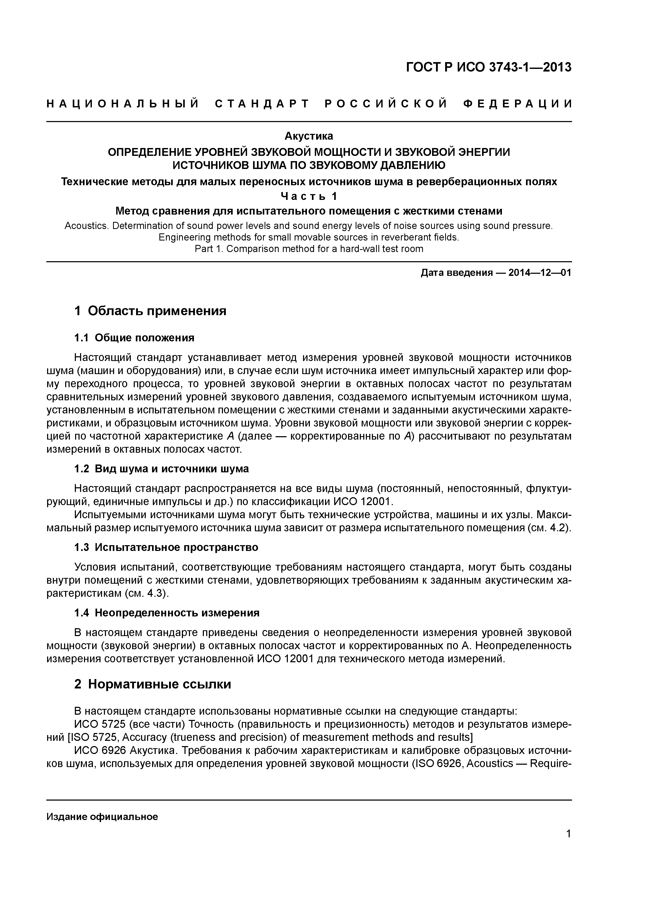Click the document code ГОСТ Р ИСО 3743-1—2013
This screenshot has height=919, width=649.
[489, 67]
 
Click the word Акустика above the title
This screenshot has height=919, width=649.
[309, 136]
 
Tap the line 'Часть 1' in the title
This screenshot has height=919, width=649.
[309, 196]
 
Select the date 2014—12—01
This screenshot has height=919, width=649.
[540, 273]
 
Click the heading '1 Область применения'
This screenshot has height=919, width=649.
[150, 311]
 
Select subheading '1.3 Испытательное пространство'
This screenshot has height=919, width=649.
[166, 547]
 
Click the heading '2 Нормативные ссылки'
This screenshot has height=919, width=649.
[153, 684]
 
